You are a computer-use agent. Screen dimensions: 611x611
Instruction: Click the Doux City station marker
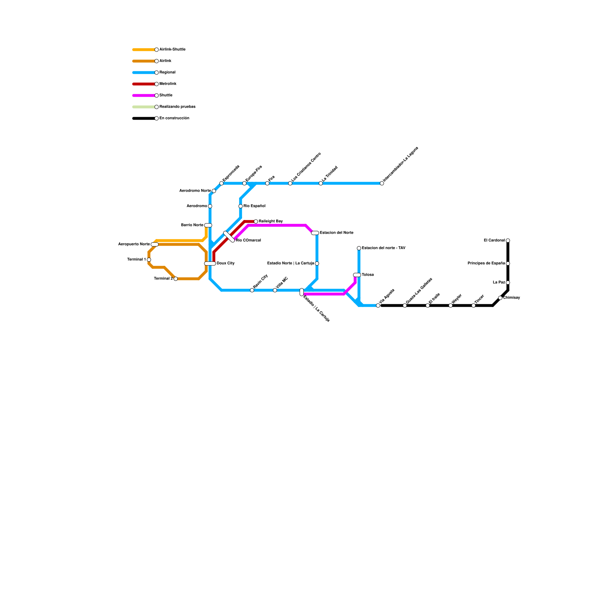click(210, 263)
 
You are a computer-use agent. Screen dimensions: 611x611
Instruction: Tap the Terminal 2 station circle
click(175, 279)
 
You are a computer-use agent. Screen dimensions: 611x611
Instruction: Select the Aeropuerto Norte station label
click(134, 244)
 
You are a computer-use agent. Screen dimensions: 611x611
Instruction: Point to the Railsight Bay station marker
click(256, 221)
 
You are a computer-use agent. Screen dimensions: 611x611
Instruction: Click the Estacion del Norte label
click(336, 233)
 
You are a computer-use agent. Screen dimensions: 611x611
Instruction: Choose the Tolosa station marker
click(357, 275)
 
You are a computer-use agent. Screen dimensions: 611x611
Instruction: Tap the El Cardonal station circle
click(508, 241)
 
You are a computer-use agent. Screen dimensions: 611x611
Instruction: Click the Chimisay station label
click(511, 298)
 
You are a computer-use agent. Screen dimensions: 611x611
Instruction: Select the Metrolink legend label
click(168, 84)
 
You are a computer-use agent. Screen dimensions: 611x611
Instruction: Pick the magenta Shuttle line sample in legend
click(144, 95)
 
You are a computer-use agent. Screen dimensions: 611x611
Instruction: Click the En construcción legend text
click(174, 118)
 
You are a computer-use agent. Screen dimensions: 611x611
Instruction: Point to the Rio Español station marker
click(241, 206)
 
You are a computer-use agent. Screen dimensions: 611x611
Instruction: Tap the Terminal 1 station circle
click(149, 260)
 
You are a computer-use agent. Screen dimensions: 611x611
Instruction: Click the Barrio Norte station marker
click(208, 225)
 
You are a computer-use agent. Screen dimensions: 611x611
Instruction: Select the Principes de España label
click(486, 263)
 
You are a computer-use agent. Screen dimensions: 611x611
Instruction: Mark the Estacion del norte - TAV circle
click(359, 248)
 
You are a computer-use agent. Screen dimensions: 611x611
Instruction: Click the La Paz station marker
click(508, 283)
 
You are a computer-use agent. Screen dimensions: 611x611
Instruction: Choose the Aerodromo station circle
click(210, 206)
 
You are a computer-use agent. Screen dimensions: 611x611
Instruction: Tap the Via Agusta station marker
click(378, 305)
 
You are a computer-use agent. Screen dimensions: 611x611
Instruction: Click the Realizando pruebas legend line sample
click(144, 107)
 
